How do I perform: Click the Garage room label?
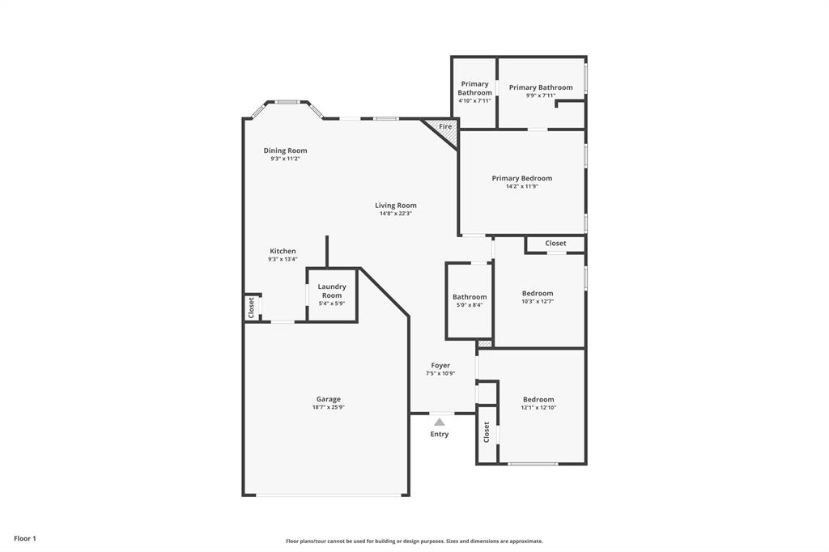pos(328,399)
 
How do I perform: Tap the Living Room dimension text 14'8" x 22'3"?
pos(396,214)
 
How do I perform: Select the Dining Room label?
pos(285,151)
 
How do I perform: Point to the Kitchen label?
pos(283,251)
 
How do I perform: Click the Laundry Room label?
pos(332,291)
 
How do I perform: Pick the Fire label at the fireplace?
pos(445,127)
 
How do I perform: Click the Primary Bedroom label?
pos(521,178)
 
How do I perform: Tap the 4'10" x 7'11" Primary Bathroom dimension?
pos(474,101)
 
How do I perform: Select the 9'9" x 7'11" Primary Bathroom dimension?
pos(541,96)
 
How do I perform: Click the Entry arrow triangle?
pos(439,422)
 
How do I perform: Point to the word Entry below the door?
pos(439,435)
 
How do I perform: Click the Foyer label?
pos(440,365)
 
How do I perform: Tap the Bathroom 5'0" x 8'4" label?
pos(470,297)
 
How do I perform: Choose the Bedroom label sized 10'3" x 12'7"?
pos(538,293)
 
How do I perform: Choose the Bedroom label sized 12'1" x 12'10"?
pos(538,399)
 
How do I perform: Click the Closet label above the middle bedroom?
pos(555,243)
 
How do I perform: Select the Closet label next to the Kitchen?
pos(251,308)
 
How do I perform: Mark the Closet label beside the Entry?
pos(487,432)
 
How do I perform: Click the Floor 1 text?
pos(25,538)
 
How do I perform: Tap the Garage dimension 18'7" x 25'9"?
pos(328,407)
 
